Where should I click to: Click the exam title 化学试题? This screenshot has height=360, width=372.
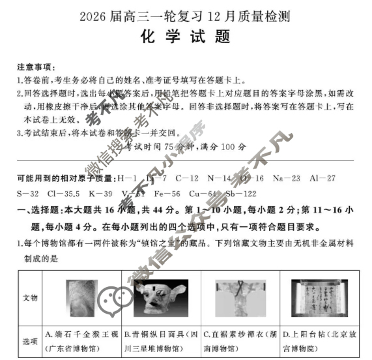186,37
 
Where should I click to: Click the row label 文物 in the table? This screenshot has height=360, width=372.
30,297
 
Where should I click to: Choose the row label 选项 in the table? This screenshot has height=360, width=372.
30,340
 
